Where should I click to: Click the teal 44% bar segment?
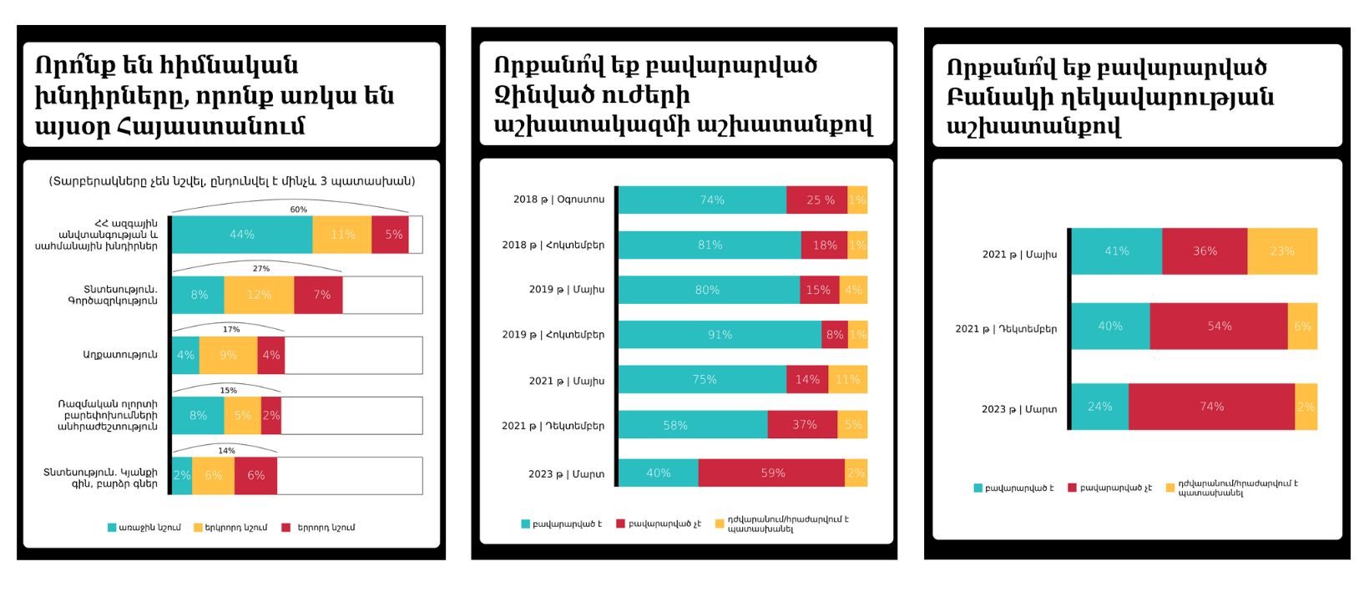coord(242,235)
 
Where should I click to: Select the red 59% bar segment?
coord(772,473)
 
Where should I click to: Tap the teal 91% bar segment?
coord(720,334)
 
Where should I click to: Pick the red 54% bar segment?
coord(1219,326)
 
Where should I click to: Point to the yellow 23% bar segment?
coord(1282,251)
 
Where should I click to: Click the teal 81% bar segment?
coord(710,245)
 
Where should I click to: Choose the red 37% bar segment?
coord(803,425)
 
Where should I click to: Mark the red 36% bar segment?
coord(1205,251)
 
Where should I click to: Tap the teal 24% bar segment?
coord(1099,407)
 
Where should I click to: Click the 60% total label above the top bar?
coord(298,210)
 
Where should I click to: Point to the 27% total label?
coord(260,269)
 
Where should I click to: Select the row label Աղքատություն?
coord(120,355)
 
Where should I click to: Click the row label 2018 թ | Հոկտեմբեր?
coord(553,245)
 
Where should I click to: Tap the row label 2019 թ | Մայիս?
coord(566,290)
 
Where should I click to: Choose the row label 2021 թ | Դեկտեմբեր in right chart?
coord(1006,329)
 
